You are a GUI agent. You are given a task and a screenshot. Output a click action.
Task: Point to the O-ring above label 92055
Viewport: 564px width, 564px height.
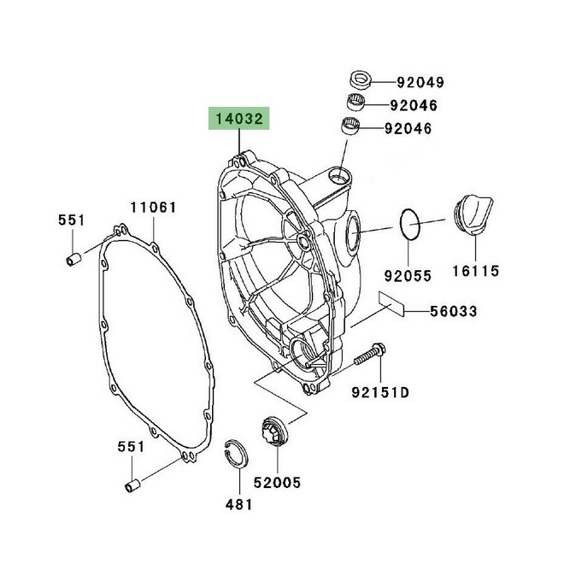click(x=411, y=225)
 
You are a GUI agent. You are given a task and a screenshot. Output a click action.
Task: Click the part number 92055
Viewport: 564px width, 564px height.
click(x=407, y=276)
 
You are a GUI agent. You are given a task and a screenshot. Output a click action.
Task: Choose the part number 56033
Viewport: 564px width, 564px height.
click(x=452, y=312)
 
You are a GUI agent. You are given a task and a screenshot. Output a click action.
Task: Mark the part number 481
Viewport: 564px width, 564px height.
click(x=238, y=503)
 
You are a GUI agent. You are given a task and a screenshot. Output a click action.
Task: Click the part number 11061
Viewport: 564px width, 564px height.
click(x=153, y=208)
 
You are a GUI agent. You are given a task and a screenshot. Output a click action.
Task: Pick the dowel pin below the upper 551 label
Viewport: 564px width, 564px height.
click(x=73, y=259)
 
